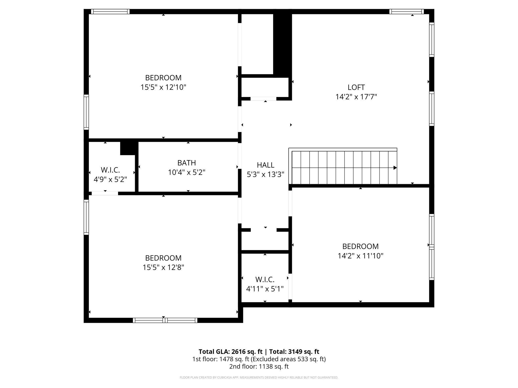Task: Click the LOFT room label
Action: pyautogui.click(x=356, y=87)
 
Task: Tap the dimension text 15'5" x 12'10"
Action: pyautogui.click(x=163, y=87)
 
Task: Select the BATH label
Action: pyautogui.click(x=187, y=163)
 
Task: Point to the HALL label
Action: pyautogui.click(x=266, y=165)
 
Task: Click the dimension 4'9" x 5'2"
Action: pyautogui.click(x=110, y=180)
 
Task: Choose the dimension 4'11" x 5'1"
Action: pyautogui.click(x=265, y=289)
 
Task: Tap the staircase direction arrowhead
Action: pyautogui.click(x=395, y=168)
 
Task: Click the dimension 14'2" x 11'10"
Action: pyautogui.click(x=360, y=256)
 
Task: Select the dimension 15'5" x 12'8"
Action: pyautogui.click(x=163, y=268)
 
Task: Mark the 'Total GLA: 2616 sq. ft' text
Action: pyautogui.click(x=231, y=352)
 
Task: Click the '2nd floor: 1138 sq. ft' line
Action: pyautogui.click(x=259, y=367)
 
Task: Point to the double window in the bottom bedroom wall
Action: pyautogui.click(x=165, y=320)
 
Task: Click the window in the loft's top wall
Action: pyautogui.click(x=406, y=11)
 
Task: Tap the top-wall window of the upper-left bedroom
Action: pyautogui.click(x=110, y=11)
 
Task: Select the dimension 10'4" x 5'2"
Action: pyautogui.click(x=187, y=173)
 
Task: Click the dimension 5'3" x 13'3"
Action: pyautogui.click(x=266, y=175)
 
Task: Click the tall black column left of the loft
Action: pyautogui.click(x=283, y=44)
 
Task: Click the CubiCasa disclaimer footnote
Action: pyautogui.click(x=259, y=378)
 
